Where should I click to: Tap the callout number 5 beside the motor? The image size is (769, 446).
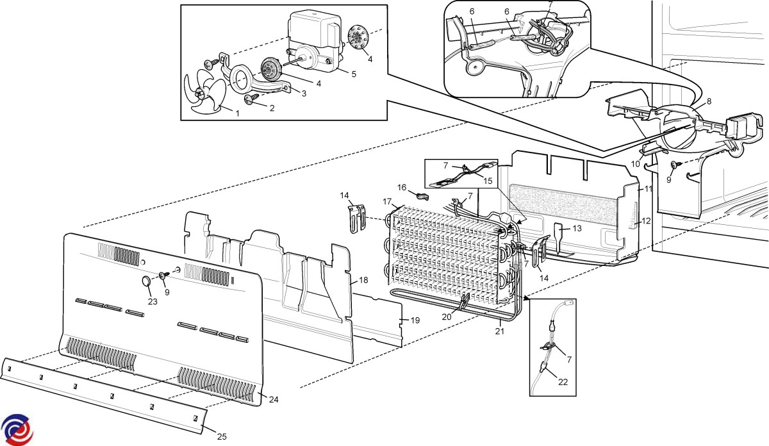tap(353, 74)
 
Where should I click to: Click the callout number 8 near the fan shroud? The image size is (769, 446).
tap(709, 101)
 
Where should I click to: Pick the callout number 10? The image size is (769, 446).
tap(635, 164)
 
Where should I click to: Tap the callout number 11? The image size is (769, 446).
tap(648, 189)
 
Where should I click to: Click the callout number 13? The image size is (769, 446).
tap(577, 228)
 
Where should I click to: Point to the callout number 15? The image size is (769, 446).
tap(488, 181)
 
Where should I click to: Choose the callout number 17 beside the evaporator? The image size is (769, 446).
tap(387, 201)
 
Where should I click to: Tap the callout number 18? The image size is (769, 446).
tap(363, 280)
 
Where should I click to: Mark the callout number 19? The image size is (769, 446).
tap(415, 320)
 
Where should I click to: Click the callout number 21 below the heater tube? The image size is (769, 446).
tap(499, 331)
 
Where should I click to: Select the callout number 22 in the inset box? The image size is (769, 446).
tap(563, 382)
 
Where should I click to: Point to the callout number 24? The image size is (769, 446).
tap(274, 400)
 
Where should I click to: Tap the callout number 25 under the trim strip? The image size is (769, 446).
tap(221, 437)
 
